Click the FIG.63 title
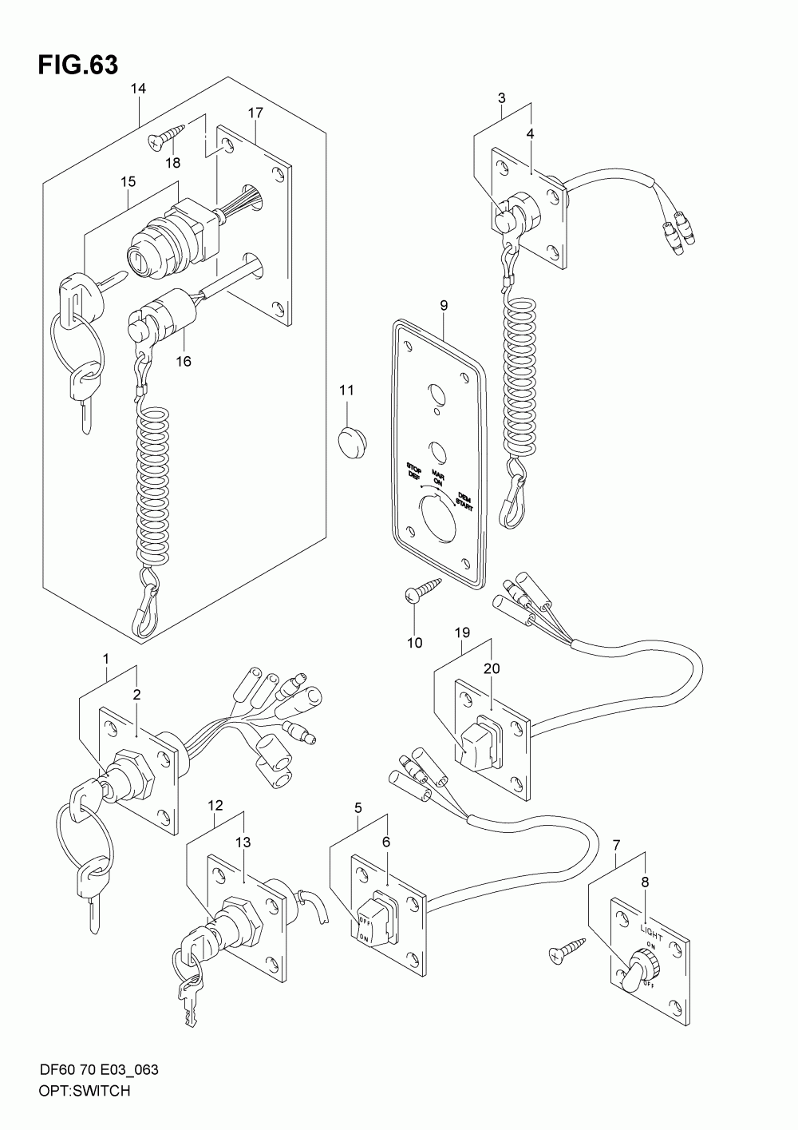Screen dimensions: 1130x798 77,65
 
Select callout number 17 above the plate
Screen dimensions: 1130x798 255,113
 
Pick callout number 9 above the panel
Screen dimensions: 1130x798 444,305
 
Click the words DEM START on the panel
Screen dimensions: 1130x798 462,500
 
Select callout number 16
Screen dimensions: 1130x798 184,360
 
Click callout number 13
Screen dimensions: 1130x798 243,842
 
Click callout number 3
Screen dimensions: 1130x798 501,98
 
